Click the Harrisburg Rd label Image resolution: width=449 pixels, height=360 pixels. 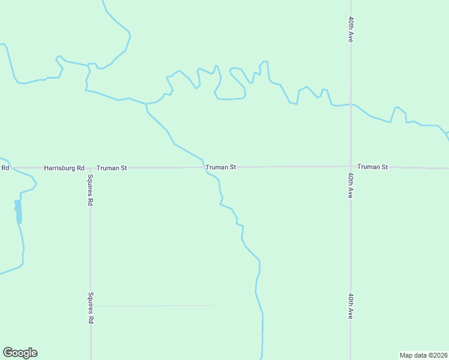point(64,168)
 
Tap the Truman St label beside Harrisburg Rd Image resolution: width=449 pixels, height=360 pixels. point(112,168)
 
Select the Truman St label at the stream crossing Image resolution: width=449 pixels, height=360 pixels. point(220,167)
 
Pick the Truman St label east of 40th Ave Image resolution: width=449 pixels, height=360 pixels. point(373,166)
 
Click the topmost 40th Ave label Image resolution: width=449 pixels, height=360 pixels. point(351,29)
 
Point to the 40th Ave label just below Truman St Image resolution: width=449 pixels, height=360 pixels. point(351,185)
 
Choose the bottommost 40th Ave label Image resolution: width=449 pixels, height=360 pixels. point(351,306)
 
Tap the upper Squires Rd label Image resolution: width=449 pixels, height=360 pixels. point(90,190)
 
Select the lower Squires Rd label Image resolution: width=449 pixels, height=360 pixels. point(90,308)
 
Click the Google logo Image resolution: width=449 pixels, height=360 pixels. point(20,353)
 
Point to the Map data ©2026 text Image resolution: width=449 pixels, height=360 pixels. point(424,355)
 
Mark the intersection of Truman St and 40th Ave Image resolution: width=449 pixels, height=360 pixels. point(351,167)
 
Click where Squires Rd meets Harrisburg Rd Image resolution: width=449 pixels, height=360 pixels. point(90,168)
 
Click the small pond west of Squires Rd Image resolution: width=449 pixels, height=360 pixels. point(18,211)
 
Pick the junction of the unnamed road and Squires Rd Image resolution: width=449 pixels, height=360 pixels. point(91,306)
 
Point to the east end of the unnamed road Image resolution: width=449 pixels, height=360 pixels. point(212,305)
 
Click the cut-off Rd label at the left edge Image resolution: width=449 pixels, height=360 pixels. point(5,167)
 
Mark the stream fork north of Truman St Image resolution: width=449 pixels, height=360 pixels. point(146,104)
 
